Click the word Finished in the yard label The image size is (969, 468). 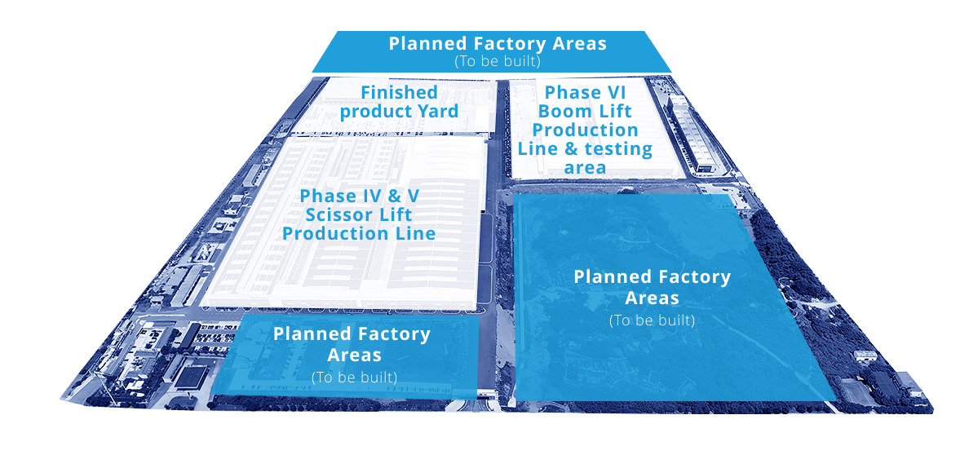coord(399,93)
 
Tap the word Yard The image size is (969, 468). coord(438,112)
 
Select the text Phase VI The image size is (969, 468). coord(585,93)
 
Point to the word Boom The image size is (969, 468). coord(561,112)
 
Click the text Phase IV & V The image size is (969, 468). coord(359,196)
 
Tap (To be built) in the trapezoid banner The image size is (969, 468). coord(498,62)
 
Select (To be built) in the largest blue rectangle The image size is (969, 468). coord(652,321)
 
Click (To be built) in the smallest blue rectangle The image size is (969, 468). coord(355,377)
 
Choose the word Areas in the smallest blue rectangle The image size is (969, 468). coord(354,355)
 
